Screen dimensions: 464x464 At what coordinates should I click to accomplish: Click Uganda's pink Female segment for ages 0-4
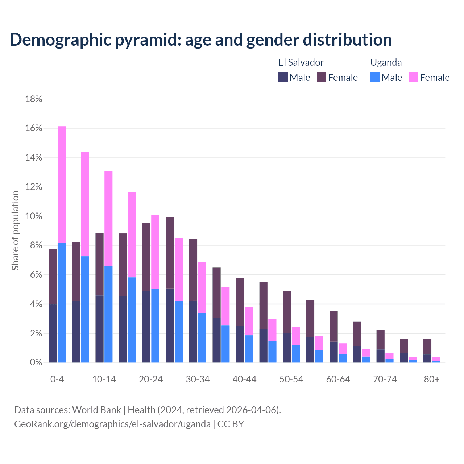pyautogui.click(x=62, y=185)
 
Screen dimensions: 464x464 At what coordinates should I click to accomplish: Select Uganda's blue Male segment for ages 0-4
pyautogui.click(x=62, y=303)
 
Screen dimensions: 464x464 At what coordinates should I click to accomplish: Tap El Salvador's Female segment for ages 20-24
pyautogui.click(x=146, y=257)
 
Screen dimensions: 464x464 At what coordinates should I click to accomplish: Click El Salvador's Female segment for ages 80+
pyautogui.click(x=427, y=347)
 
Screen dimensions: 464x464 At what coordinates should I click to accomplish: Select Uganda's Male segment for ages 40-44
pyautogui.click(x=249, y=349)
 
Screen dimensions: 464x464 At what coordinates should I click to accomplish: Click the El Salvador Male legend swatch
pyautogui.click(x=283, y=77)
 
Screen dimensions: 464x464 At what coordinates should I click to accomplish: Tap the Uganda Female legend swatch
pyautogui.click(x=414, y=77)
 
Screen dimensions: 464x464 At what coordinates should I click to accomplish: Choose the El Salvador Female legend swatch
pyautogui.click(x=322, y=77)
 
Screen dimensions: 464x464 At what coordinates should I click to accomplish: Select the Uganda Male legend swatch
pyautogui.click(x=375, y=77)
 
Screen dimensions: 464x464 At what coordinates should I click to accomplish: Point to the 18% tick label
pyautogui.click(x=34, y=99)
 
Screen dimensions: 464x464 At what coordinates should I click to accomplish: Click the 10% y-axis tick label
pyautogui.click(x=34, y=216)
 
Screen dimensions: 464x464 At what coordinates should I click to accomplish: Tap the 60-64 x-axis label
pyautogui.click(x=338, y=379)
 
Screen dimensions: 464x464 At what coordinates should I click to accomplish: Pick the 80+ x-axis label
pyautogui.click(x=432, y=379)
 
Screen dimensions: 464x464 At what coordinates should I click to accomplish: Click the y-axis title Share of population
pyautogui.click(x=16, y=231)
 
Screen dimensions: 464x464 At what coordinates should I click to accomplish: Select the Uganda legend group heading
pyautogui.click(x=386, y=62)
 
